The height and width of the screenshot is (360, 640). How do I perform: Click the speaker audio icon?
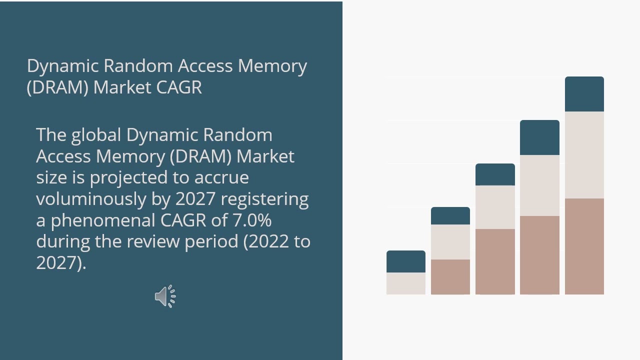(165, 296)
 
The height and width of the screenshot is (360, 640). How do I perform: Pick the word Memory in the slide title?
(272, 66)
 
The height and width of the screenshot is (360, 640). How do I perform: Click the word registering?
(264, 199)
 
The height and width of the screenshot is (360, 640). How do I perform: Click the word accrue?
(221, 178)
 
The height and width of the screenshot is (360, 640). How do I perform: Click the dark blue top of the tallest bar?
(584, 94)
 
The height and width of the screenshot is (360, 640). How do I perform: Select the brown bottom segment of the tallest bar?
(584, 246)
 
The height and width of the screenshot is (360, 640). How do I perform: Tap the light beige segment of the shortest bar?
(405, 283)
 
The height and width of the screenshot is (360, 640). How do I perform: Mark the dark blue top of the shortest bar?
(405, 261)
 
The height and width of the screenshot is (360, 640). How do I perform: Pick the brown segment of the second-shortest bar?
(450, 276)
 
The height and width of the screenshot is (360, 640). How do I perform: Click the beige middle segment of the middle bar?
(495, 207)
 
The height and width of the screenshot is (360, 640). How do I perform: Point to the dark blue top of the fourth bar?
(539, 137)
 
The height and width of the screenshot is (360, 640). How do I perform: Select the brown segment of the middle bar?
(495, 261)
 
